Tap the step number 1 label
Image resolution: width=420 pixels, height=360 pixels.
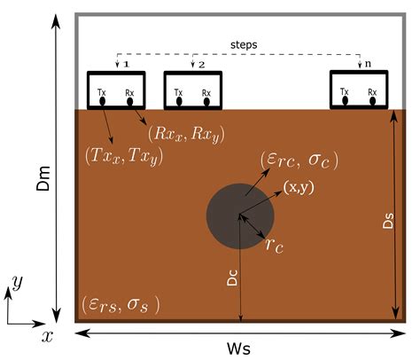coord(127,65)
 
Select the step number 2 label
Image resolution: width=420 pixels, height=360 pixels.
coord(202,65)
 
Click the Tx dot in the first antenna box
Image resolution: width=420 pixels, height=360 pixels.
coord(103,101)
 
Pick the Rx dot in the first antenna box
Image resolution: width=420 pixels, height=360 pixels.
coord(130,101)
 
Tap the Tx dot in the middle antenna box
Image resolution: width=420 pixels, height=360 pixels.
coord(179,101)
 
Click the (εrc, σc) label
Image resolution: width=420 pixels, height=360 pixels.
coord(299,160)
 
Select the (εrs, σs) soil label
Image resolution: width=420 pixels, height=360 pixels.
coord(120,302)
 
